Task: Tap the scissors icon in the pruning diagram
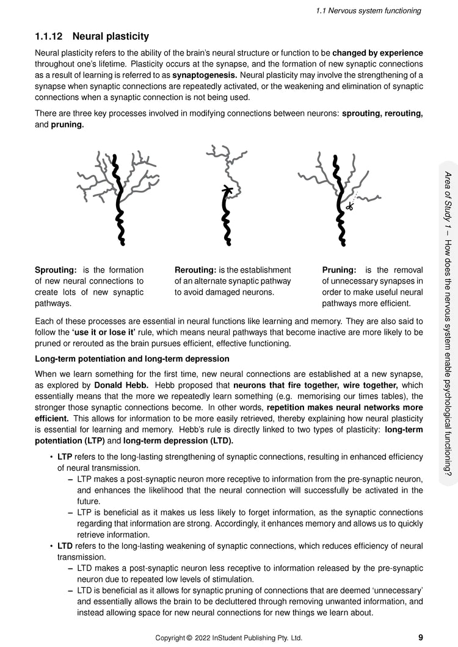(x=349, y=206)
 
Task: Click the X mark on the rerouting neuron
(x=227, y=188)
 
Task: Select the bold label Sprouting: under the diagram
(x=56, y=270)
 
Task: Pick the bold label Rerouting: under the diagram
(x=195, y=270)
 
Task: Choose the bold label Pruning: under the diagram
(x=339, y=270)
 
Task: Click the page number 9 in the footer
(x=421, y=637)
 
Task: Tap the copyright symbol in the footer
(x=189, y=638)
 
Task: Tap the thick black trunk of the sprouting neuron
(x=120, y=207)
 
